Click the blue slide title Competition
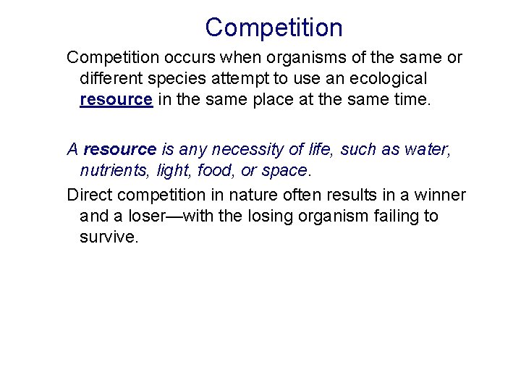(274, 28)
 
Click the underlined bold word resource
(116, 99)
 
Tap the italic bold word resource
(120, 150)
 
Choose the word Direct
(89, 195)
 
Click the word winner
(440, 195)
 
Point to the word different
(110, 77)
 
